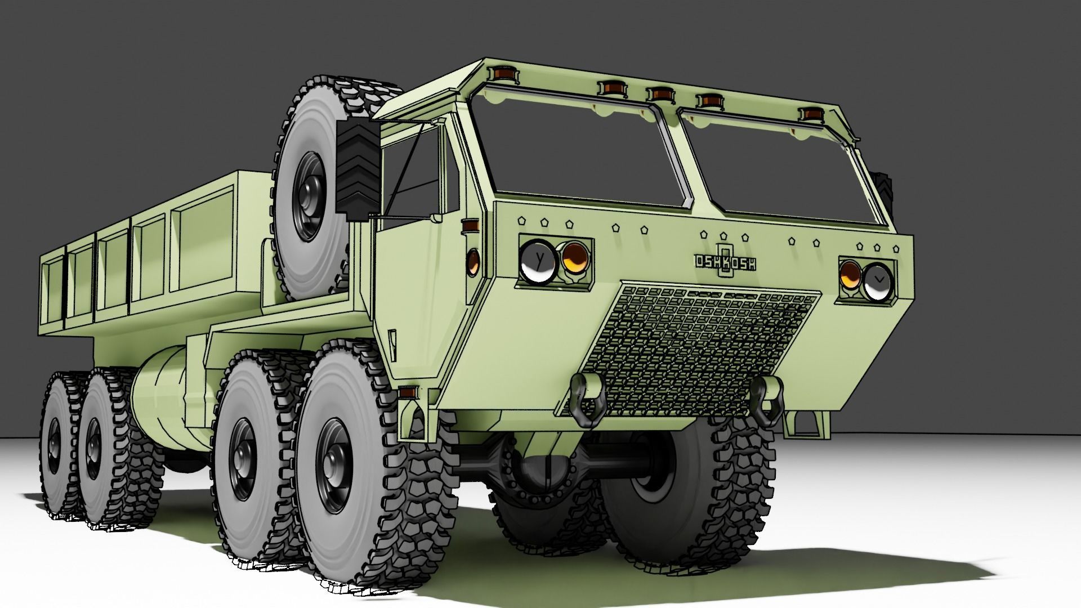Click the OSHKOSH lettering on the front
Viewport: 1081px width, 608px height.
coord(725,262)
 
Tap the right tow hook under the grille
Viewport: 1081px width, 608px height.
coord(767,399)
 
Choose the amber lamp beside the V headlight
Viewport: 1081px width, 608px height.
coord(850,275)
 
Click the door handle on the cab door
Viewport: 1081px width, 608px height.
coord(392,340)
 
